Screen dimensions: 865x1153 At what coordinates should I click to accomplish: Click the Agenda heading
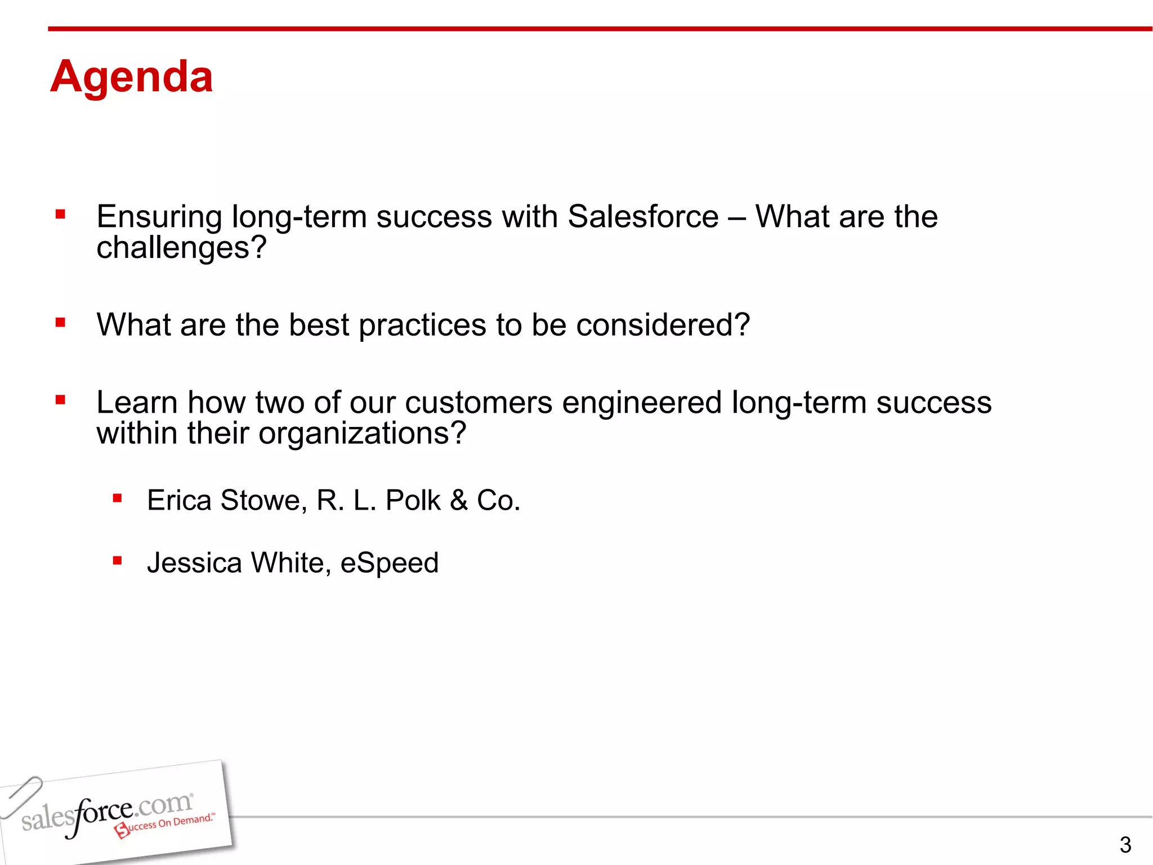(x=131, y=77)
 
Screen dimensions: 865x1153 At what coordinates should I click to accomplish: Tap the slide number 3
(x=1125, y=845)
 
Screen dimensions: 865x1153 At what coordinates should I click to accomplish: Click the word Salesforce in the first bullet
(x=643, y=217)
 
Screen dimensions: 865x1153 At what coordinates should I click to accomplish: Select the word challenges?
(x=181, y=248)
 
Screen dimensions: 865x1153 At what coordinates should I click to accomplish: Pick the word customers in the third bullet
(x=479, y=403)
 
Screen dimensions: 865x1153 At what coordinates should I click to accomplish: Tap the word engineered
(x=642, y=404)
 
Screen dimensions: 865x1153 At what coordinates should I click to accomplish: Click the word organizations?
(x=362, y=434)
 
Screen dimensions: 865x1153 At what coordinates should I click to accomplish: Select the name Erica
(x=179, y=500)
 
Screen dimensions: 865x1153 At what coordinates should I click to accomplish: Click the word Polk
(x=413, y=500)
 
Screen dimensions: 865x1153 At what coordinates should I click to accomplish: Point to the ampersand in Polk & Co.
(x=459, y=500)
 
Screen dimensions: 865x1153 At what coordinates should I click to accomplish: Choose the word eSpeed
(x=389, y=564)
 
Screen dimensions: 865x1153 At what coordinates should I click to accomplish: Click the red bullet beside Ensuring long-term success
(x=61, y=215)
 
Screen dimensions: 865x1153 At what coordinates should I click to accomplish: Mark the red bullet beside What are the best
(x=61, y=323)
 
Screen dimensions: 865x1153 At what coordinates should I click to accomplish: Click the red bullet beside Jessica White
(x=117, y=560)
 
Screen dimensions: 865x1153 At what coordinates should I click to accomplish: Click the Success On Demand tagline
(x=166, y=824)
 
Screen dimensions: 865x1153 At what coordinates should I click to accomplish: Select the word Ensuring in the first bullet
(x=159, y=218)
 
